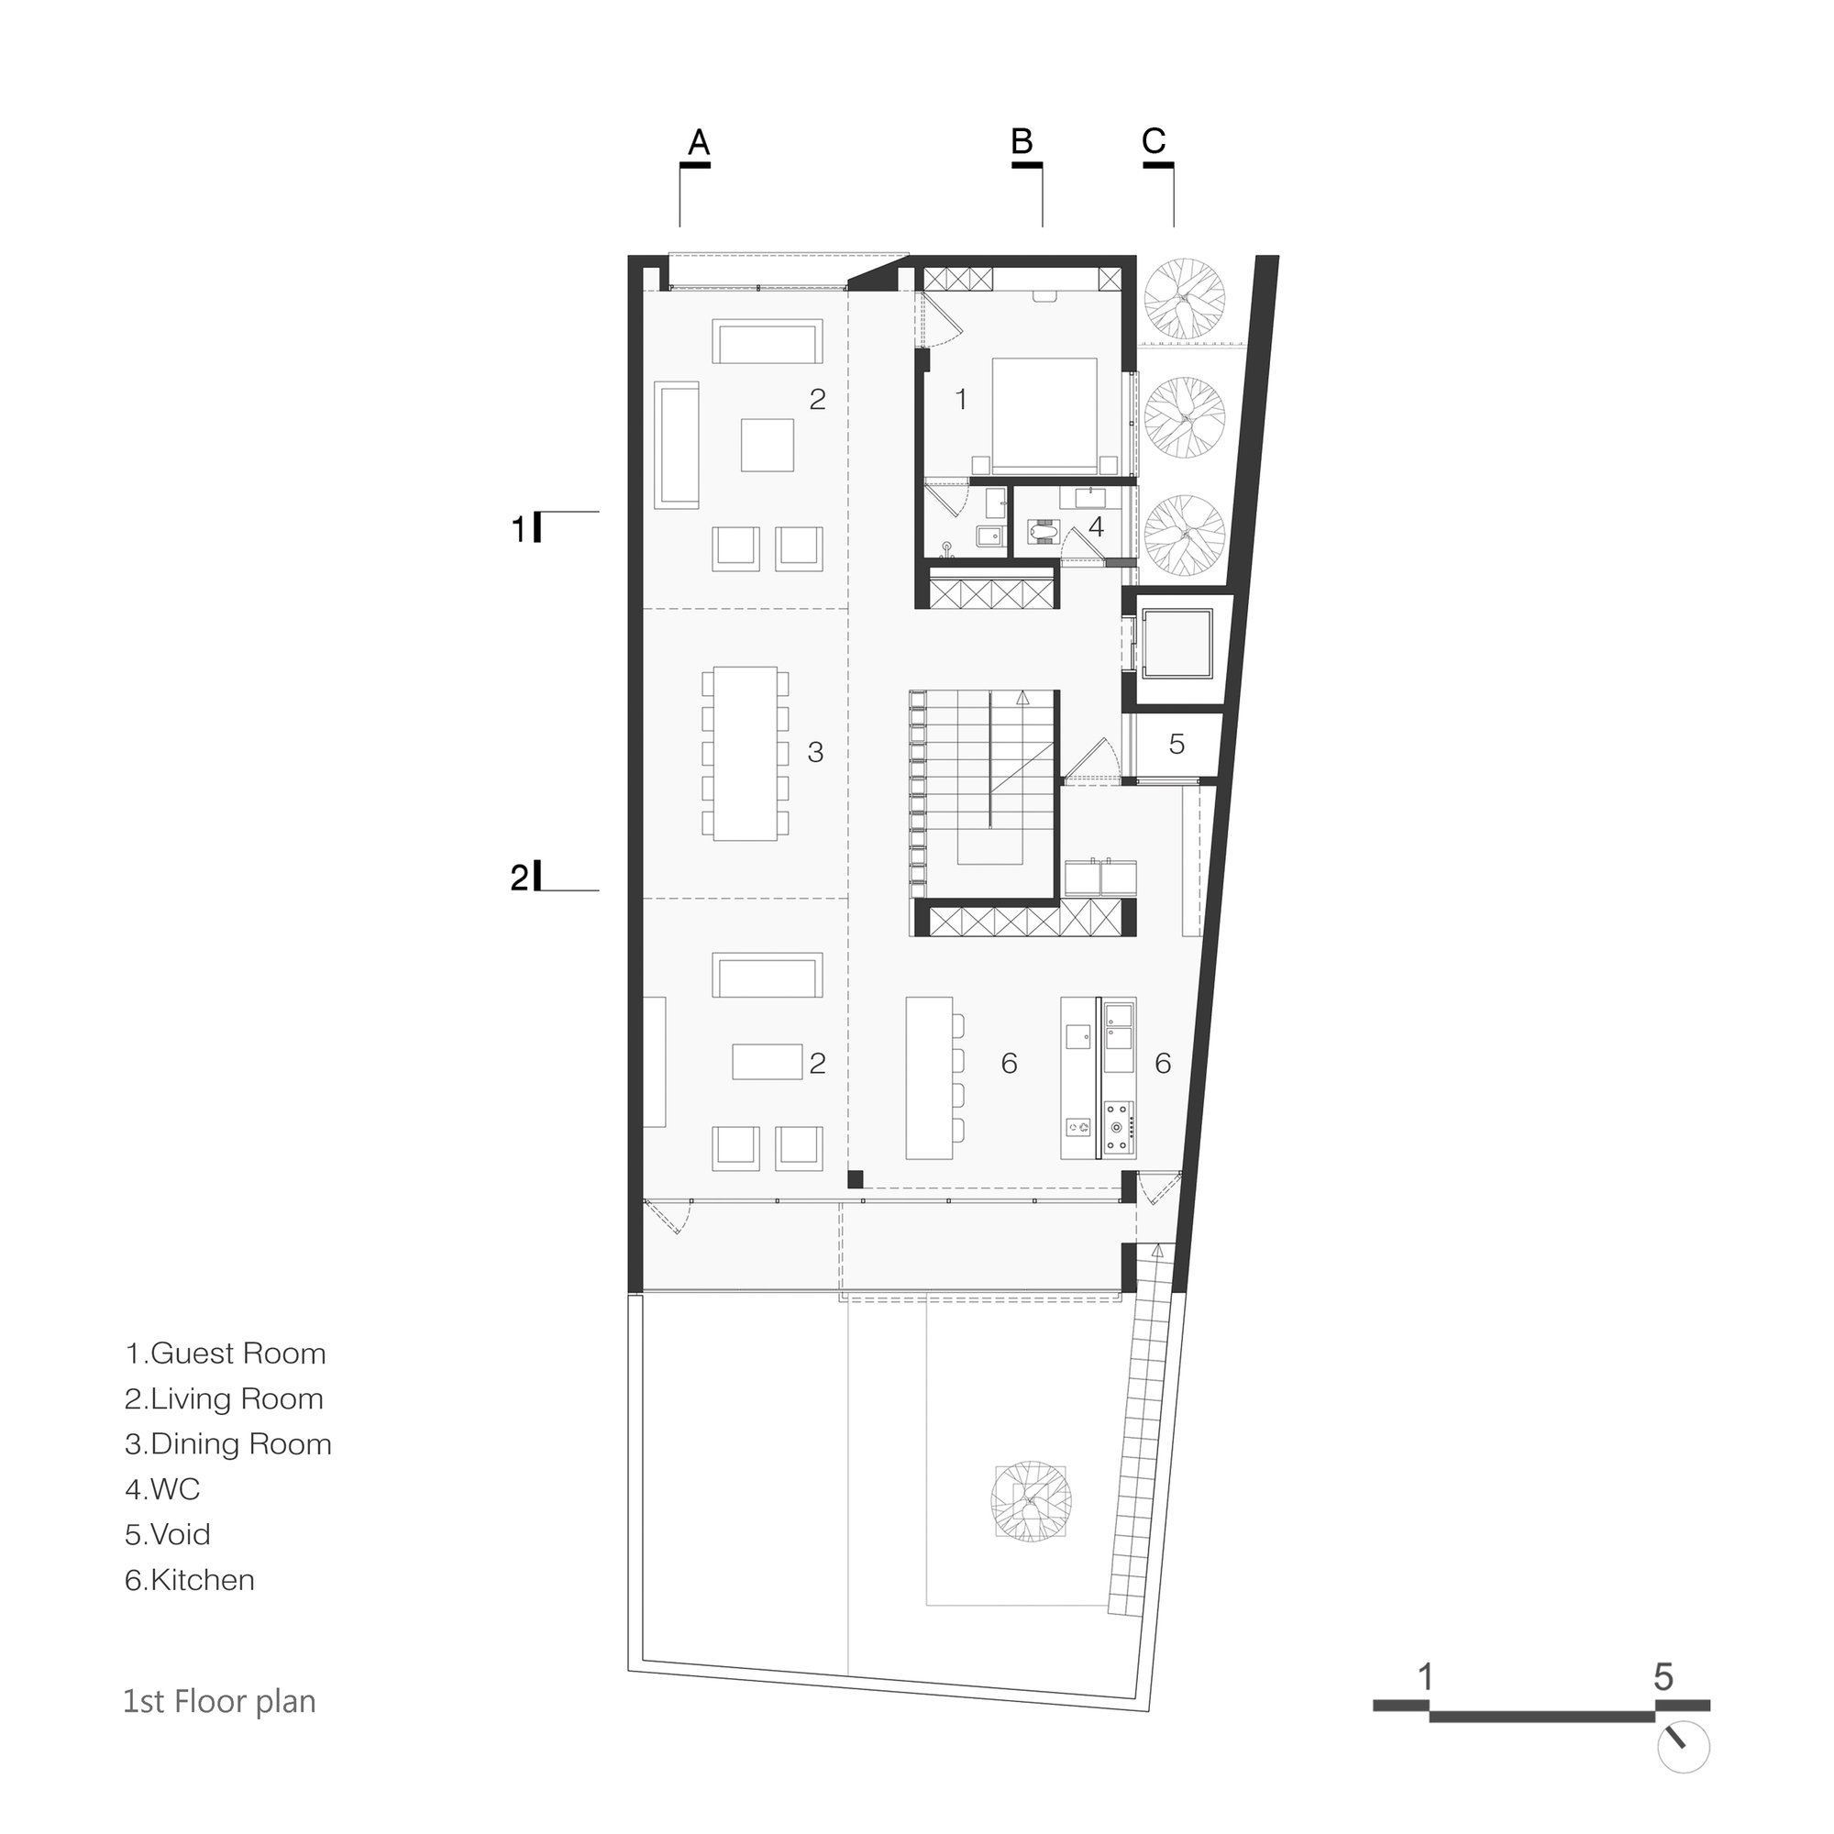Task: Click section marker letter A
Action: [698, 142]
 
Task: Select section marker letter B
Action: [1022, 141]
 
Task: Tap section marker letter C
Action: [1154, 141]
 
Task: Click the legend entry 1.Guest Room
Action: [225, 1353]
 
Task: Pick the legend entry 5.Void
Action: [167, 1534]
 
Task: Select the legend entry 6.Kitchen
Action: [190, 1580]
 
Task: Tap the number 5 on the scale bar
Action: [1663, 1676]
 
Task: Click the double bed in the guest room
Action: [1044, 414]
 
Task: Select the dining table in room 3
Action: [746, 753]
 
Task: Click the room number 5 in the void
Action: [1177, 745]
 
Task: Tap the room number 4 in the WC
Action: [1097, 527]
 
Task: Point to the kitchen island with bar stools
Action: [929, 1077]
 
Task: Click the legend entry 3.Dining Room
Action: [227, 1444]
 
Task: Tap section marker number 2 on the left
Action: [519, 878]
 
